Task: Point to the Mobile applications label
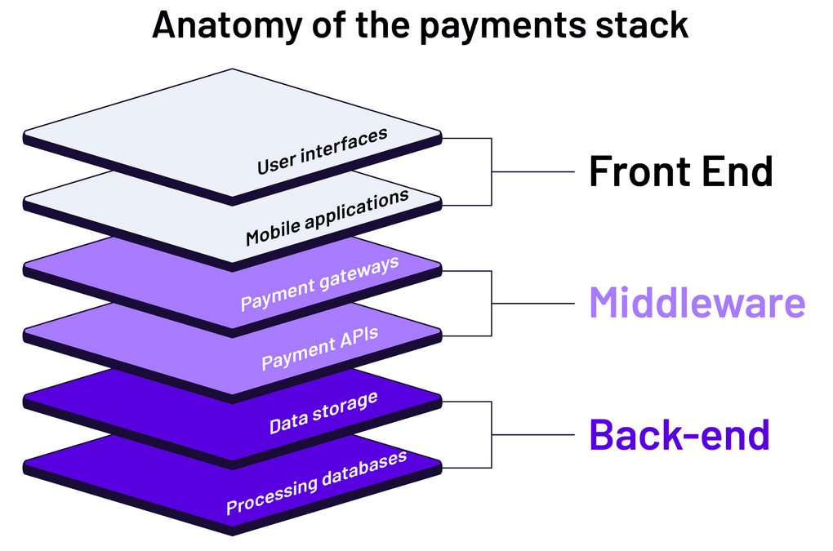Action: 327,218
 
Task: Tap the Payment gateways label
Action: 319,283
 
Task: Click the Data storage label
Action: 323,413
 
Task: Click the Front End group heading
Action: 680,171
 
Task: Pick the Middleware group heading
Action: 697,303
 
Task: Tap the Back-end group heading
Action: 679,434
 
